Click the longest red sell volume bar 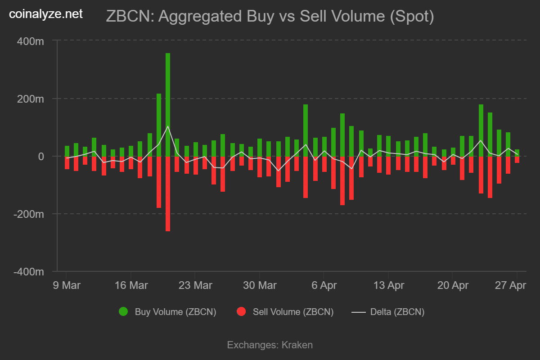click(x=168, y=193)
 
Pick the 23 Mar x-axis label click(x=195, y=285)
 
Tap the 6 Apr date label click(x=324, y=285)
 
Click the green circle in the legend click(x=123, y=311)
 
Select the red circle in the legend click(x=241, y=311)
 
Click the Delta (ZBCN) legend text click(x=397, y=312)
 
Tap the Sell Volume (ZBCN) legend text click(x=293, y=312)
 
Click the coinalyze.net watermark click(x=46, y=14)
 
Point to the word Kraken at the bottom click(x=297, y=345)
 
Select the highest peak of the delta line click(x=168, y=126)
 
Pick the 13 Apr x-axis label click(x=389, y=285)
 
